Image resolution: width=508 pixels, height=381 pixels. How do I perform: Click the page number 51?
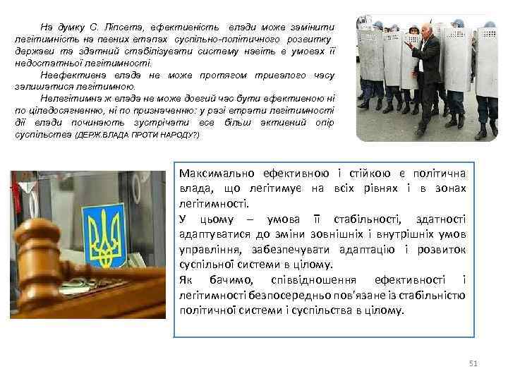[473, 363]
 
